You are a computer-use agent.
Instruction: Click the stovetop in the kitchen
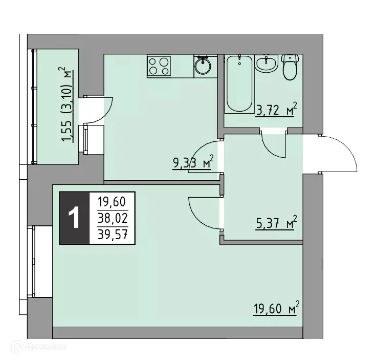click(159, 66)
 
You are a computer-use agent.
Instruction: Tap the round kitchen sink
click(203, 66)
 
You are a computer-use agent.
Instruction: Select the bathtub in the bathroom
click(239, 83)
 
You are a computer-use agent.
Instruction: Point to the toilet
click(290, 68)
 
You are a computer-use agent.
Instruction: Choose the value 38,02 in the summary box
click(113, 218)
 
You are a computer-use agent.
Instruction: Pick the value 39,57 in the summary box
click(113, 235)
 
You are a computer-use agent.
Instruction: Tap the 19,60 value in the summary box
click(113, 201)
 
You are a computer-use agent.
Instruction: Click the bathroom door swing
click(274, 146)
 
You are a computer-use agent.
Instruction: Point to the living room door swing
click(205, 213)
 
